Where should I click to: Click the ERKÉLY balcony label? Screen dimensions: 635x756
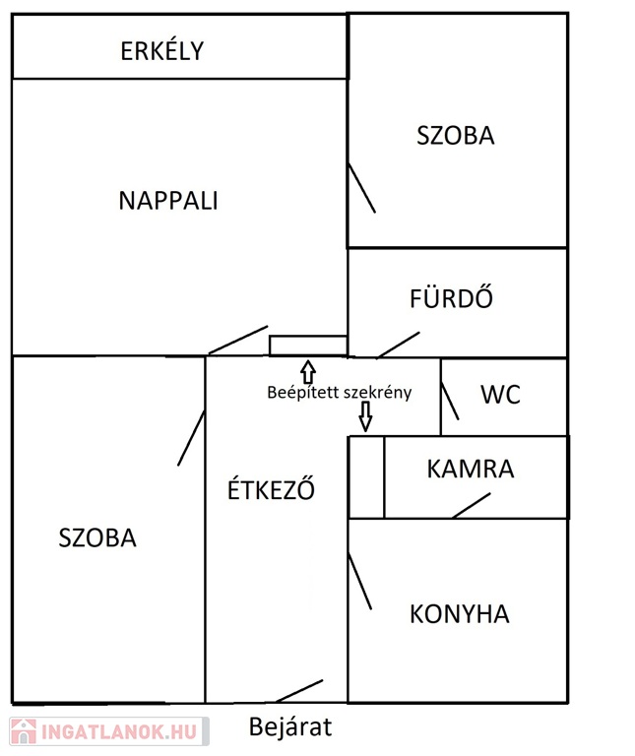point(162,50)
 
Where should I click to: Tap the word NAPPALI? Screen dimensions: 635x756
point(168,201)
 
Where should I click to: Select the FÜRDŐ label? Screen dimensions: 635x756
point(451,297)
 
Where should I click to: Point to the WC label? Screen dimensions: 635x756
point(500,395)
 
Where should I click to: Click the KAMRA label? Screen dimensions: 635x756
point(471,470)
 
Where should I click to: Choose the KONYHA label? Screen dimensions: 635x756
point(460,614)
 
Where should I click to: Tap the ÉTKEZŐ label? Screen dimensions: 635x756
point(271,489)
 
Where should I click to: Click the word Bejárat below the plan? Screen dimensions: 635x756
point(290,726)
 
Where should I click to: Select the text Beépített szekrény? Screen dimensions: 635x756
point(340,393)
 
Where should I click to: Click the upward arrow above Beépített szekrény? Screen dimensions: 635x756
point(308,372)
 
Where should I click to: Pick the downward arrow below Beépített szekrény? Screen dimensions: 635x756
point(365,416)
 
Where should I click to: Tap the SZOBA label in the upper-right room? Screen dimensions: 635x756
point(456,136)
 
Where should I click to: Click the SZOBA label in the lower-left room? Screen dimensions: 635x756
point(97,538)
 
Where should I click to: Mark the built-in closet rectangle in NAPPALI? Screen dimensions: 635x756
point(308,346)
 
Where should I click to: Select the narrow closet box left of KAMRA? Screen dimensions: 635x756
point(366,477)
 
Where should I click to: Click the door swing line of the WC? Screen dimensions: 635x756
point(450,402)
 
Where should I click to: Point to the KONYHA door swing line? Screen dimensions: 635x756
point(359,582)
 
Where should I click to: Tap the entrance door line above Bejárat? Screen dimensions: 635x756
point(299,691)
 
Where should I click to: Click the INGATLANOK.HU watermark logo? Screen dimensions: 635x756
point(109,731)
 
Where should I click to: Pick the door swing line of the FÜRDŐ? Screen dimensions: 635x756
point(399,345)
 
